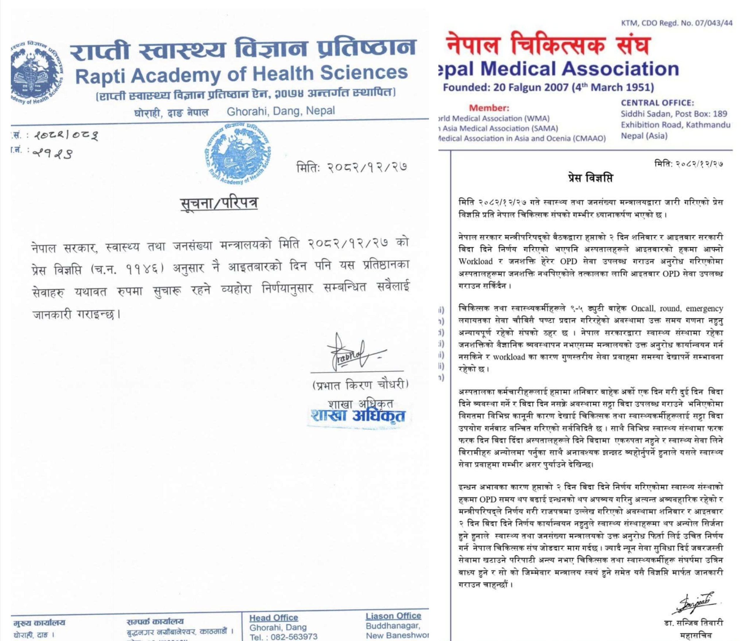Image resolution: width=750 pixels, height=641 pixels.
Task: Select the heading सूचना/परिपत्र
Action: [219, 204]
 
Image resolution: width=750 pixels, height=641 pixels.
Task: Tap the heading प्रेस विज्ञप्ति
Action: [590, 178]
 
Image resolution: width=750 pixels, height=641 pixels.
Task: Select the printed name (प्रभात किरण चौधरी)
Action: [360, 384]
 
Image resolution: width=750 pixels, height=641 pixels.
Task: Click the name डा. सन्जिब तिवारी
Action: [693, 623]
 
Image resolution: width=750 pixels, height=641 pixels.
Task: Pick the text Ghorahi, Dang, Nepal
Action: [281, 111]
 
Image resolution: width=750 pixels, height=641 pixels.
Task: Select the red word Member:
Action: [489, 108]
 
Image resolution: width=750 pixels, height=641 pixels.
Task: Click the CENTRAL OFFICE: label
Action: [657, 103]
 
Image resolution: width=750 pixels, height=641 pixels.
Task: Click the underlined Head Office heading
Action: [274, 618]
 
